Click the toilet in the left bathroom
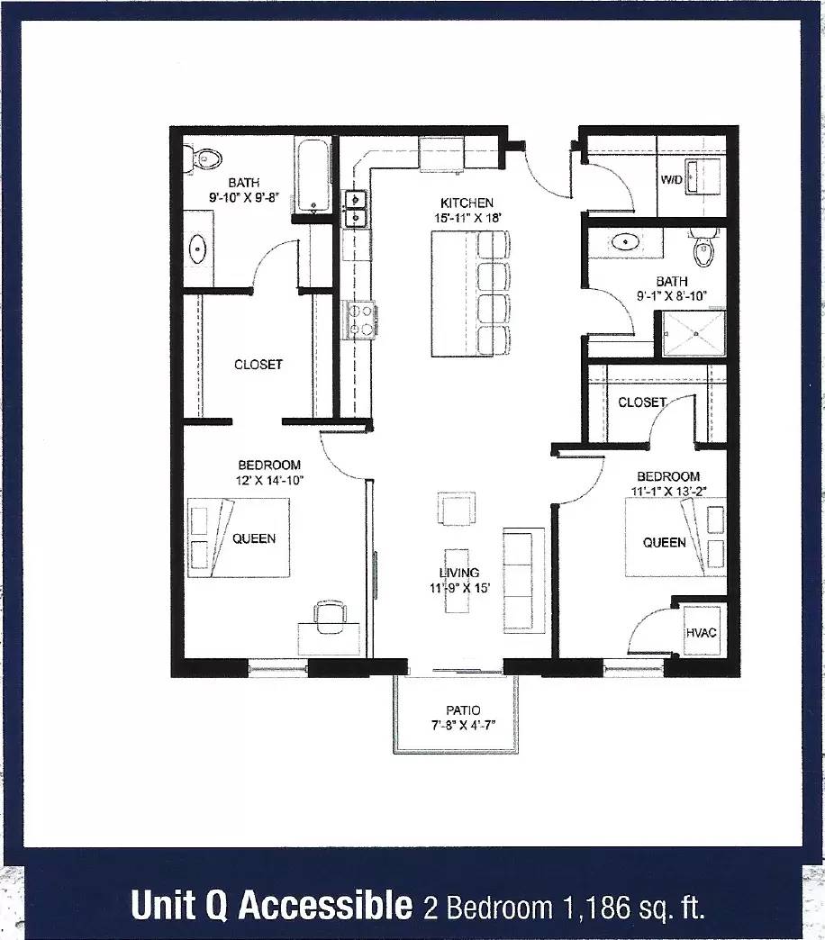point(202,159)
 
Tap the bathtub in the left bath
point(312,176)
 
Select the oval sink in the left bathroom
point(198,249)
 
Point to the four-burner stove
point(358,320)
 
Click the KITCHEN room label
point(467,203)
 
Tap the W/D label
point(672,179)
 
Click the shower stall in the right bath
point(694,333)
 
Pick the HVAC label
point(701,632)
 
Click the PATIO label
point(463,711)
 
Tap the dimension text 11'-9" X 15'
point(460,588)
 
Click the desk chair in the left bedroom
point(330,617)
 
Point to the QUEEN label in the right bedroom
point(665,543)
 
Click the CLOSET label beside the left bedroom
point(258,365)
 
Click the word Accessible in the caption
point(326,905)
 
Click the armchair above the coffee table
point(457,509)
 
